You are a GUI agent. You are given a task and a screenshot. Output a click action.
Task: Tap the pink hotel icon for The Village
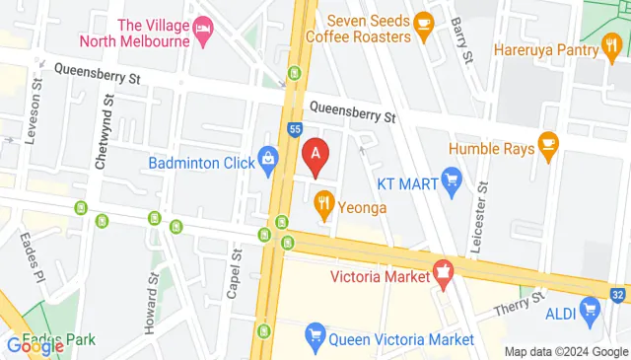click(203, 28)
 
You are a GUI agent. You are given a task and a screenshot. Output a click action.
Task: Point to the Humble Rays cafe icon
click(549, 148)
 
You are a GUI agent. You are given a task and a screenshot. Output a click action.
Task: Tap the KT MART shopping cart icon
click(452, 180)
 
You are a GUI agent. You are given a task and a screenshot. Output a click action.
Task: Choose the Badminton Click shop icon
click(267, 161)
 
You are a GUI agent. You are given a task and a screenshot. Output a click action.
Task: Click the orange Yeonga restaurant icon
click(322, 207)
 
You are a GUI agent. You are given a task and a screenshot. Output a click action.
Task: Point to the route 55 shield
click(295, 128)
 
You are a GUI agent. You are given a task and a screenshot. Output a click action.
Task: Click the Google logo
click(35, 345)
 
